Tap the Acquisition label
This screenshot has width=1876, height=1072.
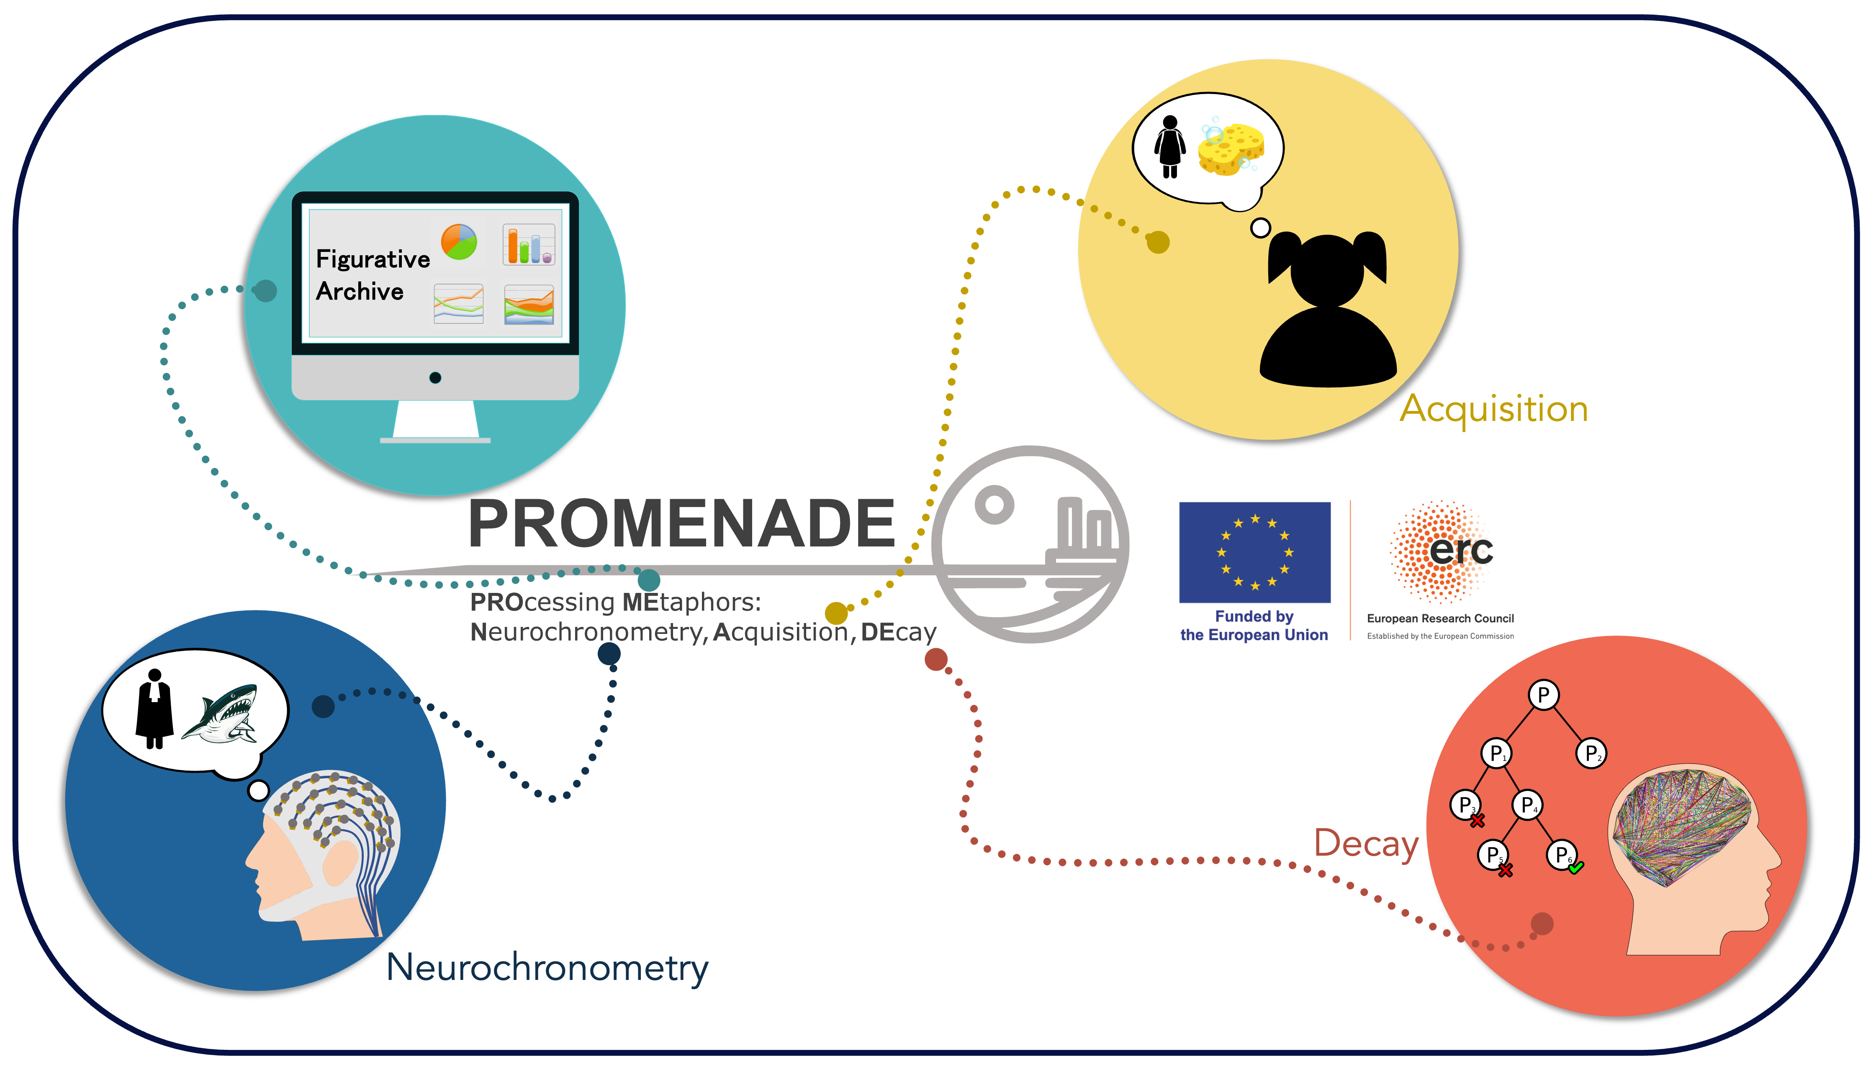(x=1493, y=409)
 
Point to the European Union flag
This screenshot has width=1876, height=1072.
(x=1254, y=552)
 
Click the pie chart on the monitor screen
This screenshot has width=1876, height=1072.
(x=459, y=241)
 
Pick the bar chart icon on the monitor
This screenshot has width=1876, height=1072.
(x=529, y=244)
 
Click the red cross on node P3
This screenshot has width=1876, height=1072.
(x=1477, y=820)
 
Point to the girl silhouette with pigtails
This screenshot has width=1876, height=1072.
(x=1328, y=309)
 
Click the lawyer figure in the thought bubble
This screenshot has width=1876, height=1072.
(x=154, y=708)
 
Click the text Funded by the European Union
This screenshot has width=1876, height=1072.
(x=1254, y=625)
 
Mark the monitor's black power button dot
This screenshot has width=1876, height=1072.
(x=435, y=378)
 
